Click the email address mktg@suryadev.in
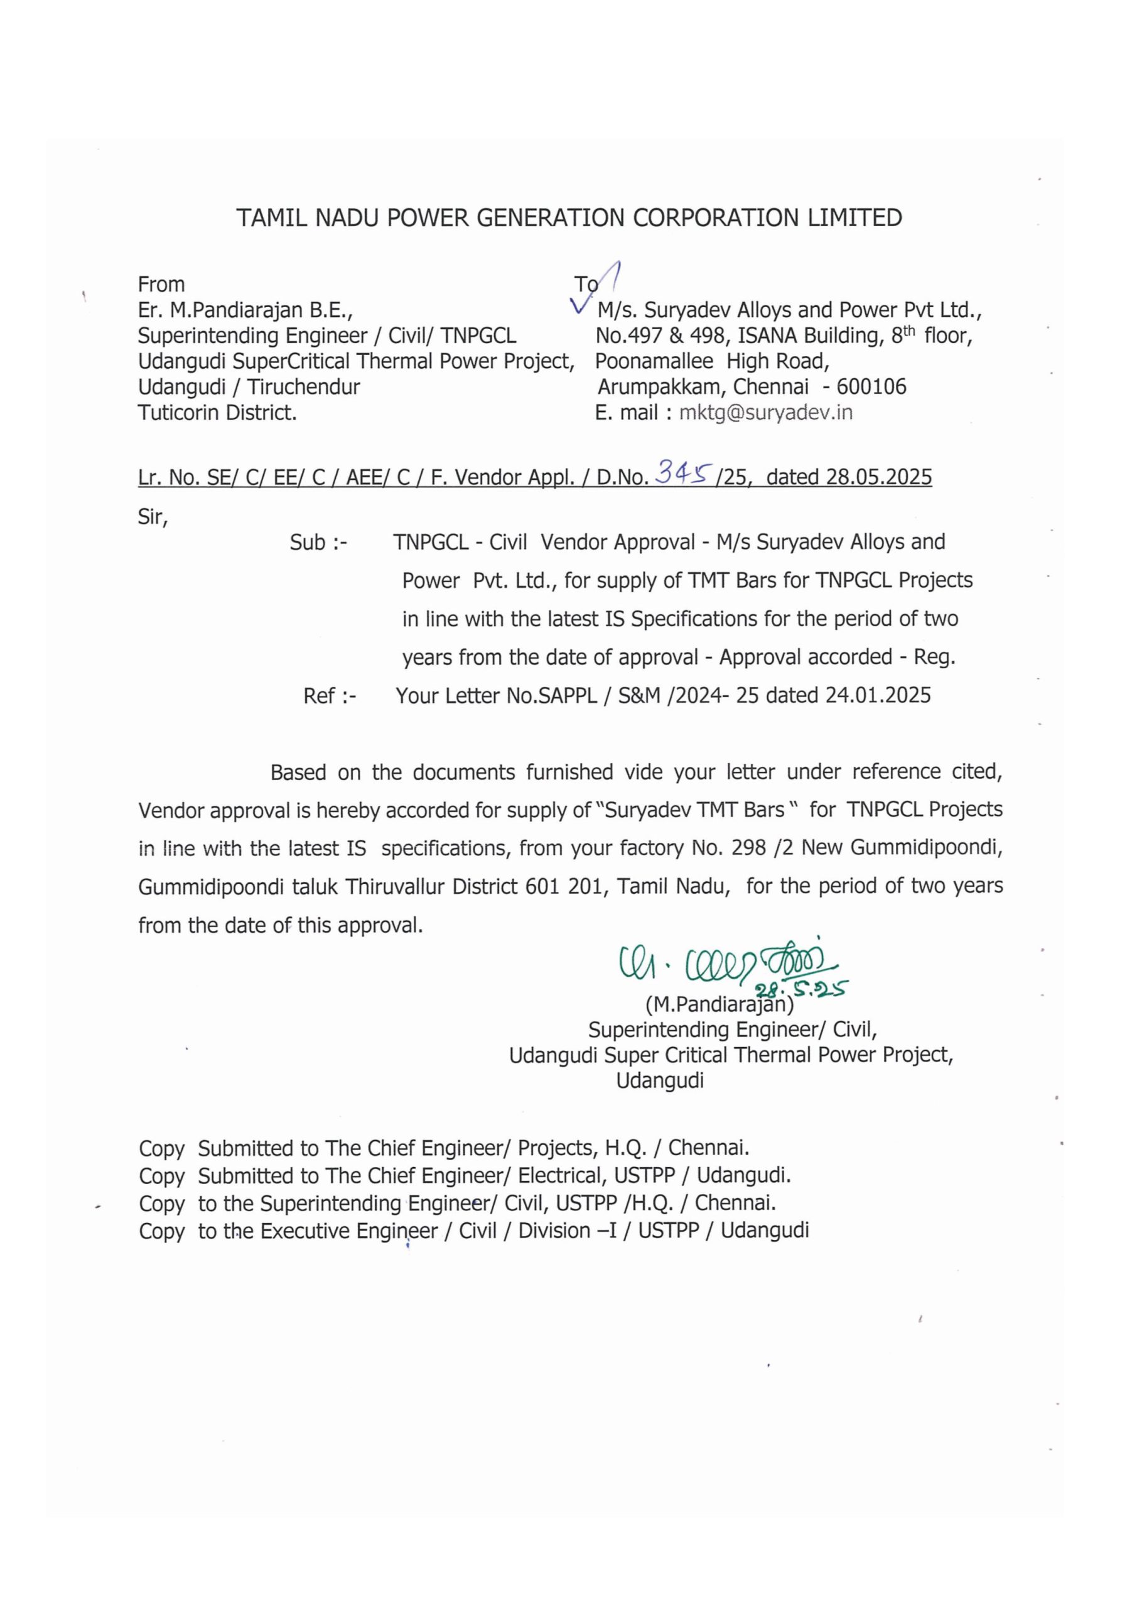coord(765,413)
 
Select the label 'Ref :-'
coord(330,695)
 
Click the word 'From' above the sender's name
coord(161,285)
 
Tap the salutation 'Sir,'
coord(153,517)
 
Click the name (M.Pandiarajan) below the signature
coord(719,1005)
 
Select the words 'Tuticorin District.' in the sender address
coord(217,413)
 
